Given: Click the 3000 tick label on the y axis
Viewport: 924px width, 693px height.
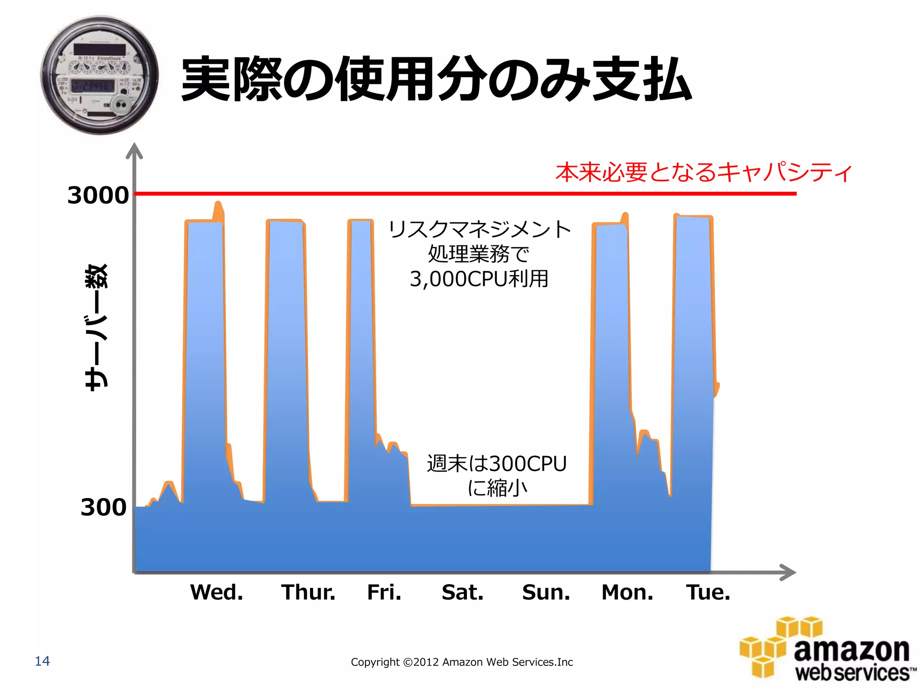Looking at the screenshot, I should pos(98,195).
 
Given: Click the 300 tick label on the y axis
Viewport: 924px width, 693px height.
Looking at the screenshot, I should pos(103,507).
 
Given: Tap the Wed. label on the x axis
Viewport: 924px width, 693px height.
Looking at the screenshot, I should pos(217,592).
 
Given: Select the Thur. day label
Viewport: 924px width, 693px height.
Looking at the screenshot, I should pos(309,592).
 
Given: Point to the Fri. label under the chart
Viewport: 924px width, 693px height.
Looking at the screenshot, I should pos(384,592).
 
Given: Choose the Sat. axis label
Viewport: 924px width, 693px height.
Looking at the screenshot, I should pos(463,592).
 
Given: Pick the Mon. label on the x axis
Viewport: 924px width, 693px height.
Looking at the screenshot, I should pos(628,592).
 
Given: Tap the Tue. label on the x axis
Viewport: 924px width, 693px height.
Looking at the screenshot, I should pos(708,592).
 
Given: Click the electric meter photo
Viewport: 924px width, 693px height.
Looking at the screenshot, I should pos(100,75).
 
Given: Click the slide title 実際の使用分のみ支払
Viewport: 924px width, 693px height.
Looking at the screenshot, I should pos(436,79).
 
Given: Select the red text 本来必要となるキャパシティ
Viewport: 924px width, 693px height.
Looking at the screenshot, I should pos(704,172).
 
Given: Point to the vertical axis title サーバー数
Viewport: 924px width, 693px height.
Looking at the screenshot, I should pos(97,327).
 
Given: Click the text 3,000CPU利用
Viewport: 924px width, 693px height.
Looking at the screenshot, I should pos(479,279).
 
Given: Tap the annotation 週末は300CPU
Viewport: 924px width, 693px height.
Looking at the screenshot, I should pos(497,464).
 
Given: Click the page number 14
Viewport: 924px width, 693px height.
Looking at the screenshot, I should pos(42,661).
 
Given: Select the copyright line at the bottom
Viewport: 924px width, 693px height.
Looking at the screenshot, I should pos(462,662).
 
